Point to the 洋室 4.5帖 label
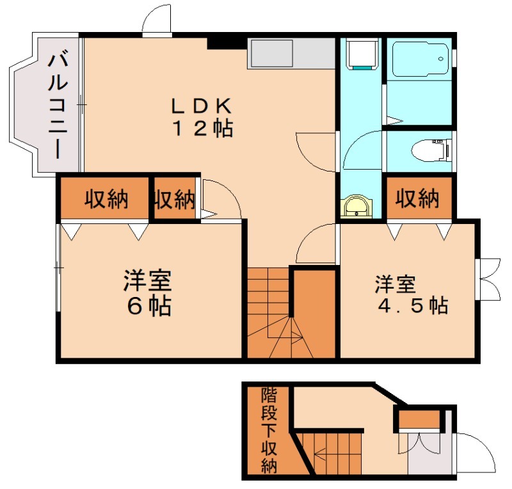pyautogui.click(x=410, y=294)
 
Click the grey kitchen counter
pyautogui.click(x=291, y=54)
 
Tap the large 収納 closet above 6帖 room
pyautogui.click(x=105, y=200)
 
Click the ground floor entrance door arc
pyautogui.click(x=477, y=451)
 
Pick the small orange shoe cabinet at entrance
pyautogui.click(x=419, y=419)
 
